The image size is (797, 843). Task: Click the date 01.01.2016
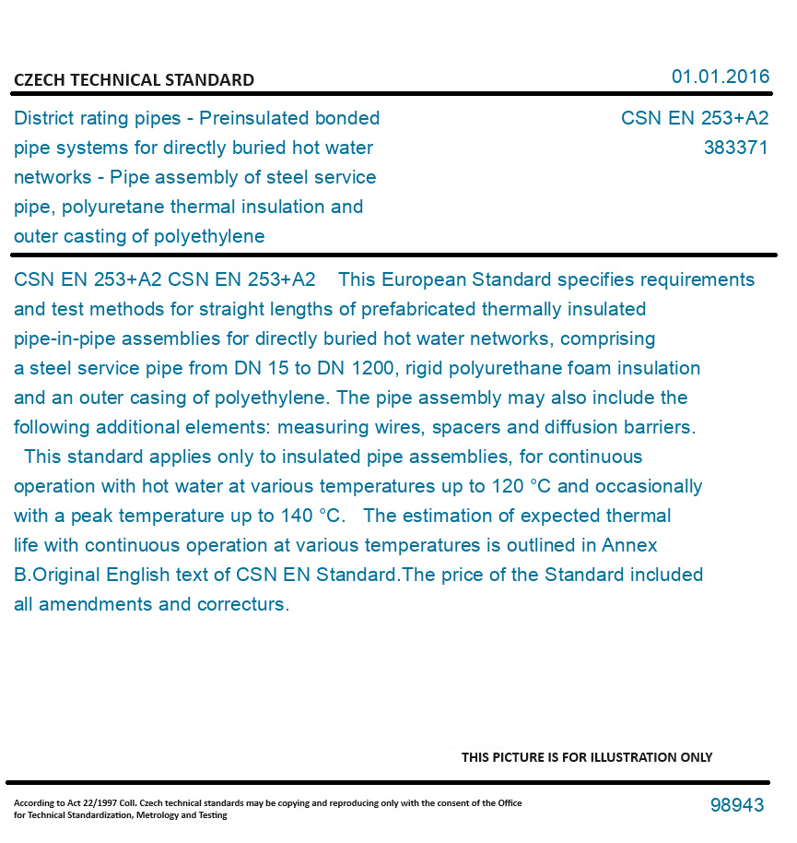click(720, 77)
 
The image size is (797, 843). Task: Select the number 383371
click(735, 148)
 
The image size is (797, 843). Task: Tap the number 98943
click(737, 805)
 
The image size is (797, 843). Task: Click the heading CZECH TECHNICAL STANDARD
click(134, 80)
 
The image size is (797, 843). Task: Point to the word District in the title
click(42, 118)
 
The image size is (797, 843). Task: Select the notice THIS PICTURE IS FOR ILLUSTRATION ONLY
click(587, 757)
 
